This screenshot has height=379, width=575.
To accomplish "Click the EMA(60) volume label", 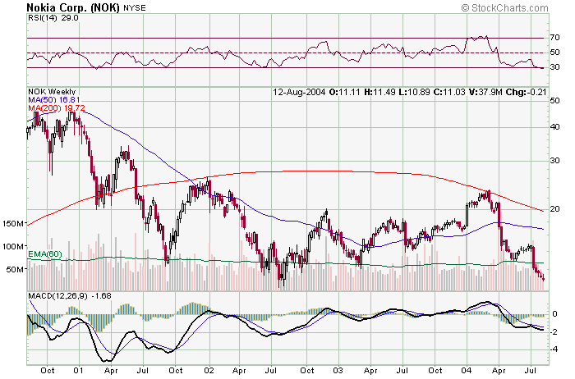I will (45, 254).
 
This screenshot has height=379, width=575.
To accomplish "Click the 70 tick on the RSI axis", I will (555, 38).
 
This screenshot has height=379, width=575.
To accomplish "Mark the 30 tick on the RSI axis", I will (555, 68).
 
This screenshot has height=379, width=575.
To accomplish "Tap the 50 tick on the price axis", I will (555, 100).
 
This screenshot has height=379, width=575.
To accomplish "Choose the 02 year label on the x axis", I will (209, 370).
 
